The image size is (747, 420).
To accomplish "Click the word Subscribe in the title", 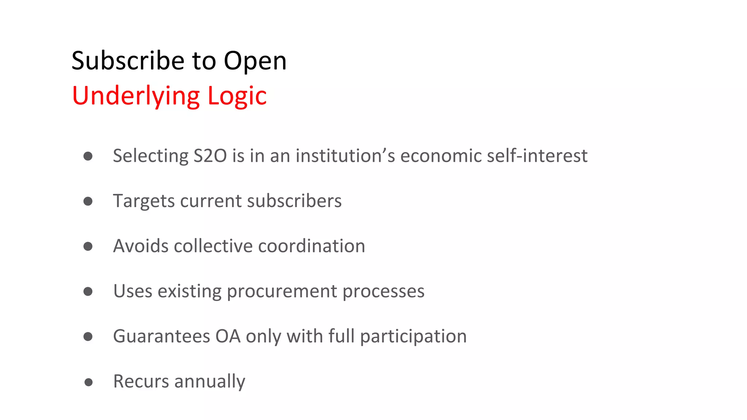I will click(128, 61).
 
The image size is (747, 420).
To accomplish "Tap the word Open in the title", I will click(255, 61).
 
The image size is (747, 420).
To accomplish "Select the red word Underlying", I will click(136, 96).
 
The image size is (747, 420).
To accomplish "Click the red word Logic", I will click(237, 96).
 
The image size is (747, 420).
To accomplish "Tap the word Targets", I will click(144, 201).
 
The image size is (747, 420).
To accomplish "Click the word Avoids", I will click(141, 246).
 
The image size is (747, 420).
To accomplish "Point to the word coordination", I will click(311, 246).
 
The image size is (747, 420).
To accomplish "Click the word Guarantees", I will click(162, 336).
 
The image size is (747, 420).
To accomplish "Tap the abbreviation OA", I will click(228, 336).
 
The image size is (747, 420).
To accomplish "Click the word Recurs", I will click(141, 381).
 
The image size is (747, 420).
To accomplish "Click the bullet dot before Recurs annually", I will click(88, 382).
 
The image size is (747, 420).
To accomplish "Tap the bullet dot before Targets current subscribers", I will click(88, 201).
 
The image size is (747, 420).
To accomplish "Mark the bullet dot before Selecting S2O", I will click(88, 156).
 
